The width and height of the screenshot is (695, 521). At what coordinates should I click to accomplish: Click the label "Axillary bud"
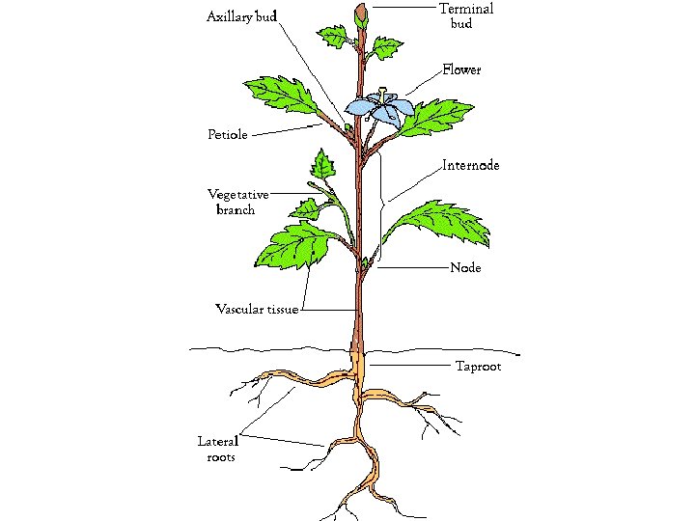242,17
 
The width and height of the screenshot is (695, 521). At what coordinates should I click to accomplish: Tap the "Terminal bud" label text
465,15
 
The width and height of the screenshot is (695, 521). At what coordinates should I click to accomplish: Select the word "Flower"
461,70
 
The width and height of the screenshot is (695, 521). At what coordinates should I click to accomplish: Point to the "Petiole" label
228,134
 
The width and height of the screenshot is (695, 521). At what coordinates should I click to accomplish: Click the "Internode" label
471,166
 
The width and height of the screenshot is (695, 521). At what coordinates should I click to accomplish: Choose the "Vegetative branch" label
238,202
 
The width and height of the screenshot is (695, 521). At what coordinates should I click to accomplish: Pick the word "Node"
465,267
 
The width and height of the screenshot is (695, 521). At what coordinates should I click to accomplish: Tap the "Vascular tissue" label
256,310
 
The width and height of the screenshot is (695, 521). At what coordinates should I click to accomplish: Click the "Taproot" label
478,367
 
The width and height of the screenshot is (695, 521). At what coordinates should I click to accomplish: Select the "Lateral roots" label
217,449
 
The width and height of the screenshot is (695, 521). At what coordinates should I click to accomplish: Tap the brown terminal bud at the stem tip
362,15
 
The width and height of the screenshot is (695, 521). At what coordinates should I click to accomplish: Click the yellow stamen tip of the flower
383,91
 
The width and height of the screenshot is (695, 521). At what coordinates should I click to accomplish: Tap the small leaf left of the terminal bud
334,38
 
